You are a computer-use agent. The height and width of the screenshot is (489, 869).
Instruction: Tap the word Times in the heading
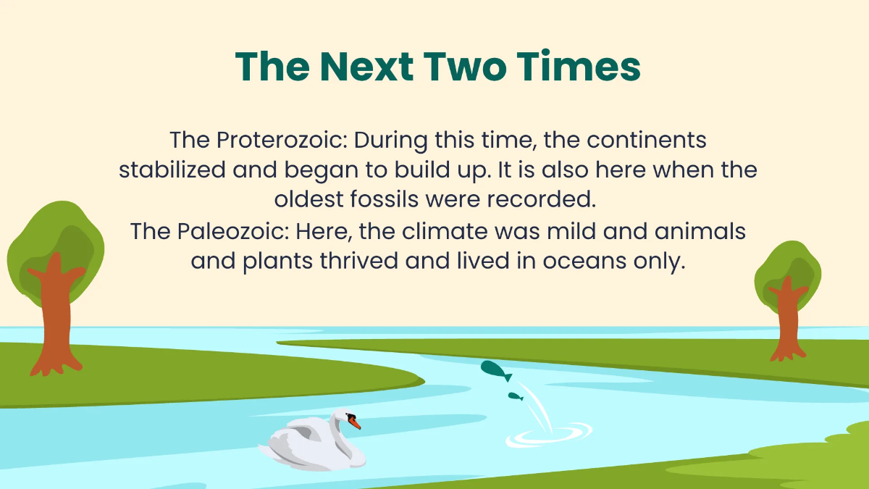(x=580, y=67)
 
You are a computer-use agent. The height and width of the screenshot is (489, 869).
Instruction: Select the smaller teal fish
(x=516, y=396)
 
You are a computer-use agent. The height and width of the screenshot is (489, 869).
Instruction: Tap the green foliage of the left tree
(x=54, y=232)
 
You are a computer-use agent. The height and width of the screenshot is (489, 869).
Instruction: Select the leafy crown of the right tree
(x=787, y=268)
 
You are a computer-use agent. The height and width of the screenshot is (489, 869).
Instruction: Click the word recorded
(x=547, y=201)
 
